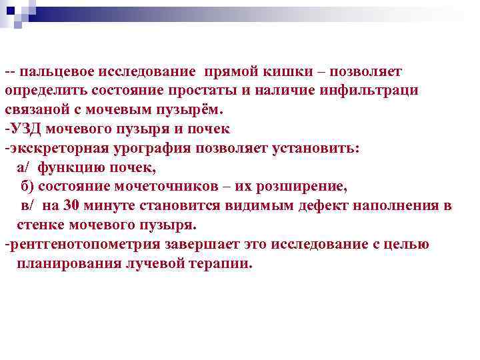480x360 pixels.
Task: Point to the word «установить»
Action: pyautogui.click(x=316, y=148)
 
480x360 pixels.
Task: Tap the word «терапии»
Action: pyautogui.click(x=221, y=263)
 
